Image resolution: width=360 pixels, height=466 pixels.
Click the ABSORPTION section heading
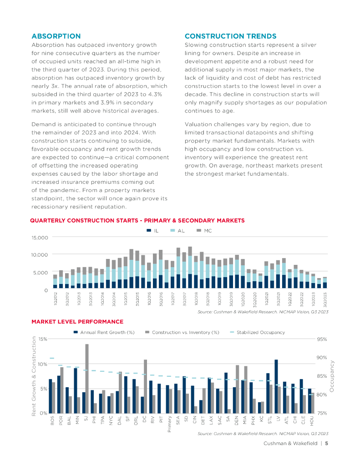tap(56, 36)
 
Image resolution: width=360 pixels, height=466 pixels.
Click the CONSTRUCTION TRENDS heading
tap(230, 36)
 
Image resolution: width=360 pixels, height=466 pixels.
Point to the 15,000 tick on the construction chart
tap(39, 238)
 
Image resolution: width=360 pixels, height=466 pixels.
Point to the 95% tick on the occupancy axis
tap(322, 339)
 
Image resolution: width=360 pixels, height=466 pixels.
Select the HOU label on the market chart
tap(312, 422)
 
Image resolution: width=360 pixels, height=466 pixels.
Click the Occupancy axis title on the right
tap(332, 376)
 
